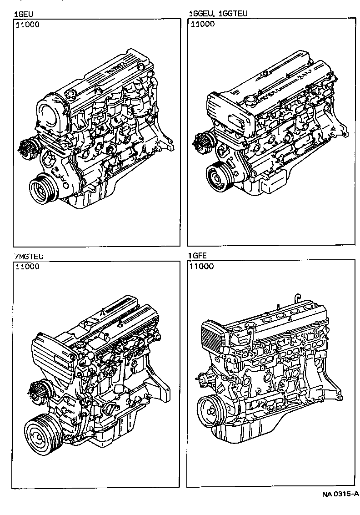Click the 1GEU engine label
[x=22, y=14]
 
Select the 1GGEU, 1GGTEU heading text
[x=218, y=14]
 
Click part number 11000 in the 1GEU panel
[x=28, y=25]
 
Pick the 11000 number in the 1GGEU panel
[x=202, y=25]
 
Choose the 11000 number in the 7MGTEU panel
[x=28, y=267]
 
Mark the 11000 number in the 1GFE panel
[x=202, y=267]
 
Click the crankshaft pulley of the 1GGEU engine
[x=219, y=176]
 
